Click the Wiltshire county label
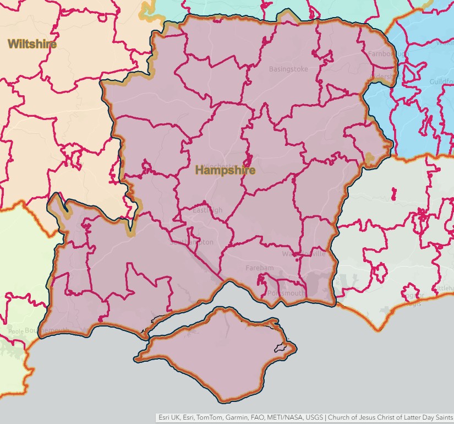click(x=32, y=44)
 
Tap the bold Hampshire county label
click(x=225, y=170)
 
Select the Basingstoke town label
click(x=288, y=69)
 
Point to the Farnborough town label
click(x=381, y=54)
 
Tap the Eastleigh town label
click(x=207, y=210)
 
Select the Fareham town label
click(x=259, y=268)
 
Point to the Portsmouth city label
click(x=286, y=293)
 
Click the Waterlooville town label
click(x=304, y=254)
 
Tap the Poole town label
click(x=16, y=332)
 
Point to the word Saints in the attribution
click(x=442, y=418)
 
